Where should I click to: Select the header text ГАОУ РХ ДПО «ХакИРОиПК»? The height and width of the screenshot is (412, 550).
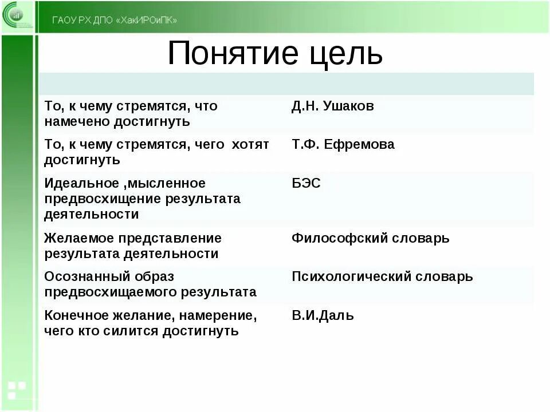click(115, 21)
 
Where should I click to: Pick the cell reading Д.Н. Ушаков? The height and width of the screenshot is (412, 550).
click(332, 106)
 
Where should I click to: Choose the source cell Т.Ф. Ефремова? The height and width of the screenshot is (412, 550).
click(343, 145)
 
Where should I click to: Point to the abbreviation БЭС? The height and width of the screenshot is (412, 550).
click(306, 184)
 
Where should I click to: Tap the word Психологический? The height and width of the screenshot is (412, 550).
click(349, 277)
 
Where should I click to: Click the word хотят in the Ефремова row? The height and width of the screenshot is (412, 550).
click(250, 145)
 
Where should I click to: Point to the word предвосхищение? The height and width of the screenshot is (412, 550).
click(103, 199)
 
